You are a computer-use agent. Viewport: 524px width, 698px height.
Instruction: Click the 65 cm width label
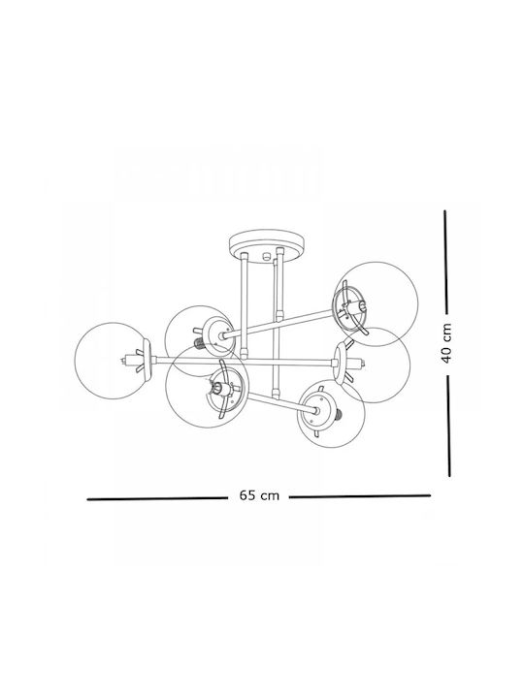(x=259, y=495)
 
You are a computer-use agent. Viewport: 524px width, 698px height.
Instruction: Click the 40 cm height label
(x=446, y=343)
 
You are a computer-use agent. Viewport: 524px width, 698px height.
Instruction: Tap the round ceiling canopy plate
(x=267, y=246)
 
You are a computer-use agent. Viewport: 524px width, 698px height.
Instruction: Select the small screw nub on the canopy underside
(x=267, y=256)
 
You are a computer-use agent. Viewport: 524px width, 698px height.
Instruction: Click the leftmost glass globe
(x=113, y=361)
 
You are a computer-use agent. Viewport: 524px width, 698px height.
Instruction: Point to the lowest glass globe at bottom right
(x=331, y=414)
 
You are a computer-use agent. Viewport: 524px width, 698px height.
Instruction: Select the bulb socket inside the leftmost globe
(x=131, y=360)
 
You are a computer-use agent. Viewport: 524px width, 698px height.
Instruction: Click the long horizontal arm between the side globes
(x=245, y=362)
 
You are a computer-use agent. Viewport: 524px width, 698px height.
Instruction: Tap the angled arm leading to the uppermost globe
(x=278, y=323)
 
